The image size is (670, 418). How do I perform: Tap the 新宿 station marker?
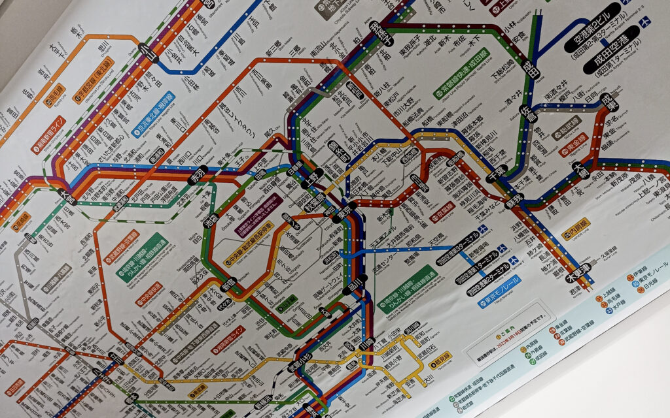[232, 283]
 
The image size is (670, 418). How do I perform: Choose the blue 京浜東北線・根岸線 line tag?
[153, 121]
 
